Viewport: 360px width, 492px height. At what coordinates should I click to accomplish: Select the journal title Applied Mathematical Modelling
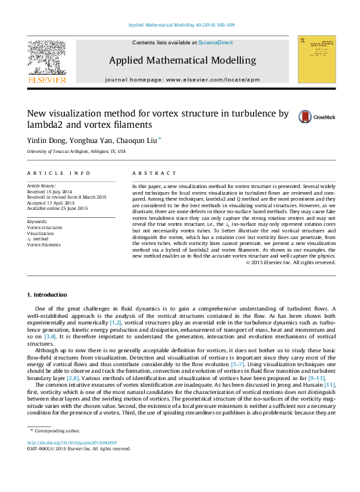point(182,60)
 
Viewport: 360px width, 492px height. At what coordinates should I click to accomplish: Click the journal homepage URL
point(211,79)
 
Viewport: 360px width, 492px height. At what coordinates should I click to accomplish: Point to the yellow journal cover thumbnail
point(316,59)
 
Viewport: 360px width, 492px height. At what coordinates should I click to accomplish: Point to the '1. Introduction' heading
point(46,295)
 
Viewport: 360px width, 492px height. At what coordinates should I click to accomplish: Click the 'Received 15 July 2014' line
point(51,192)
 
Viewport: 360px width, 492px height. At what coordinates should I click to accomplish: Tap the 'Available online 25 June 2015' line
point(57,208)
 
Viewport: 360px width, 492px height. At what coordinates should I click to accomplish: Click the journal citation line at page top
point(179,25)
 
